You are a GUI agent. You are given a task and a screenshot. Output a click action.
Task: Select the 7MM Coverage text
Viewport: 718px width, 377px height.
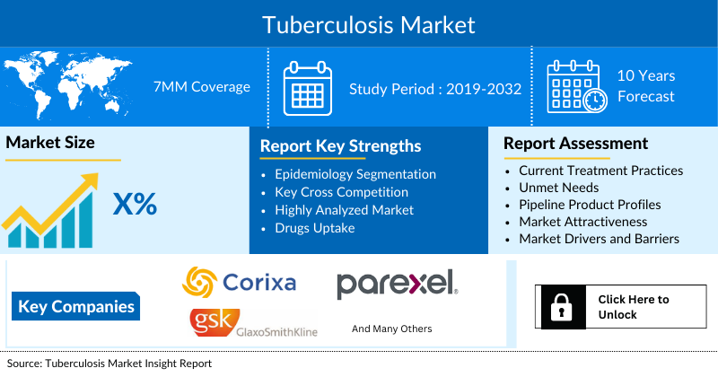tap(202, 87)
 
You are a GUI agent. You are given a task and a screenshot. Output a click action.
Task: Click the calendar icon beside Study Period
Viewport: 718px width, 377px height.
tap(308, 88)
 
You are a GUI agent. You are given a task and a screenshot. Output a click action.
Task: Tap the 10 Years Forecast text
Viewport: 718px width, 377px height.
tap(645, 86)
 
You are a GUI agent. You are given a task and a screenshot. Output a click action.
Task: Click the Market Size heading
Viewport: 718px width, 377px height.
tap(50, 143)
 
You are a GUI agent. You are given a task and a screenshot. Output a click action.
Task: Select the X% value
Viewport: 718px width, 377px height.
tap(135, 205)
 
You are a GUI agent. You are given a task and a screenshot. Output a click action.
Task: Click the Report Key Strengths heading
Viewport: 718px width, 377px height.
tap(340, 146)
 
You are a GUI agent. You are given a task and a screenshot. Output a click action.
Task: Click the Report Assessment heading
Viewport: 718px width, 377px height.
tap(575, 144)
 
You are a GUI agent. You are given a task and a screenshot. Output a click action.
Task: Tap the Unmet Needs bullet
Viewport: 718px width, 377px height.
tap(558, 188)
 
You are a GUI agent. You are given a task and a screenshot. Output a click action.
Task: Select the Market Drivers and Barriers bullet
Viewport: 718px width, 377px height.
tap(599, 239)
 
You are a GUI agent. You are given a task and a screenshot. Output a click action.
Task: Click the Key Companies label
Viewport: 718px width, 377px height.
tap(77, 307)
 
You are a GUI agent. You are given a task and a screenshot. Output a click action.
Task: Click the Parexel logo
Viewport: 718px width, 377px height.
tap(398, 283)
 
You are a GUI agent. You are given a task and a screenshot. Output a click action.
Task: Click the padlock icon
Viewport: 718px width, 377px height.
tap(559, 307)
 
